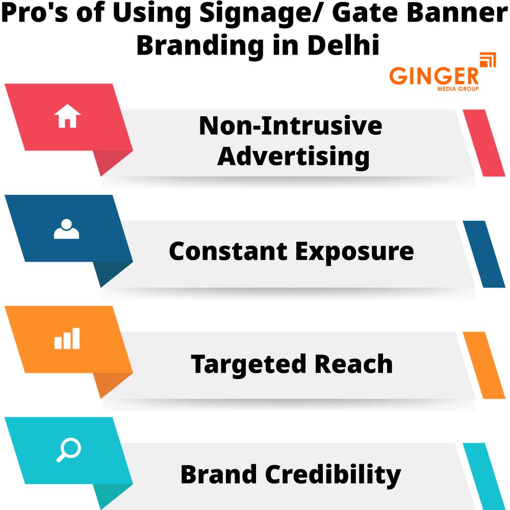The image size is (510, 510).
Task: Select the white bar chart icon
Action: click(x=67, y=339)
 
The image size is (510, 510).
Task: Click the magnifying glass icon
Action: click(x=68, y=450)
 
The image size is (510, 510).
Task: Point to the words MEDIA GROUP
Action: click(x=457, y=89)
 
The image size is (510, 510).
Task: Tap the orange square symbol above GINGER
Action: click(x=488, y=60)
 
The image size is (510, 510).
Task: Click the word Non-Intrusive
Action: click(x=290, y=126)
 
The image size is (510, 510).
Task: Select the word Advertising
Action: click(x=293, y=156)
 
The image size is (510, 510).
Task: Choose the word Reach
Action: click(x=353, y=364)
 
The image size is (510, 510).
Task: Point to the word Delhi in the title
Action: click(x=343, y=45)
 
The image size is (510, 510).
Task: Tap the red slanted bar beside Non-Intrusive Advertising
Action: click(x=484, y=143)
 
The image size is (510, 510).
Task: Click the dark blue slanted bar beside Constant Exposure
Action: click(x=484, y=254)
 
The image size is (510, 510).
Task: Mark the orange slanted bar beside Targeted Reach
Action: click(x=484, y=365)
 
